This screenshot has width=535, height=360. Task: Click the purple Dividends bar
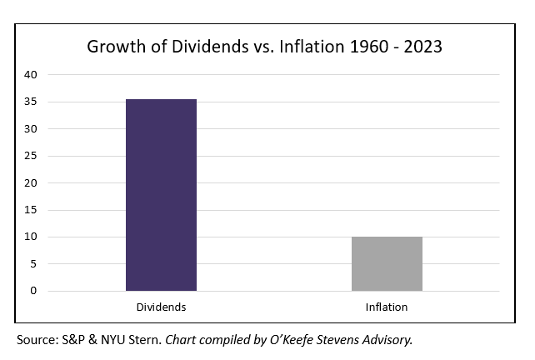pyautogui.click(x=161, y=195)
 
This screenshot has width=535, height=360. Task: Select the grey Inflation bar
pyautogui.click(x=387, y=263)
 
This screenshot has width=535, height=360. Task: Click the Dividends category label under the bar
pyautogui.click(x=161, y=307)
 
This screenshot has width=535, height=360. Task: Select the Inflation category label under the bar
pyautogui.click(x=387, y=307)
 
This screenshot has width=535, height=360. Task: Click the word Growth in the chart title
pyautogui.click(x=113, y=47)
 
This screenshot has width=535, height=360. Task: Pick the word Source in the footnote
pyautogui.click(x=37, y=340)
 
